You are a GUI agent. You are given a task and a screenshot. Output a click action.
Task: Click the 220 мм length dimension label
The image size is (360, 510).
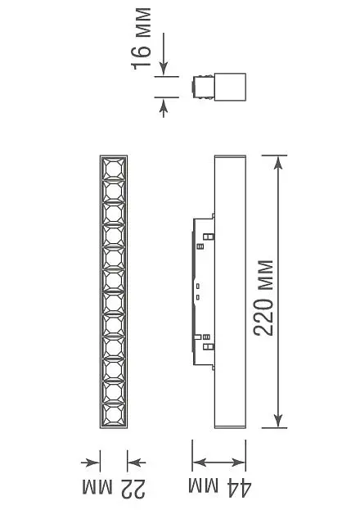263,298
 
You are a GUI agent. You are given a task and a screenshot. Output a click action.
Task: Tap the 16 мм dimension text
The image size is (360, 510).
142,39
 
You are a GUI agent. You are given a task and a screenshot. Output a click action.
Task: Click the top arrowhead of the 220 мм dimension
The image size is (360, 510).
277,162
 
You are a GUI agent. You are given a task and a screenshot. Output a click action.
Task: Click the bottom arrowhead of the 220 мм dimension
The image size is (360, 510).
277,422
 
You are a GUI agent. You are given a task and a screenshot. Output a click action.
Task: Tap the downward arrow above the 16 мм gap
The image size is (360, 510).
164,54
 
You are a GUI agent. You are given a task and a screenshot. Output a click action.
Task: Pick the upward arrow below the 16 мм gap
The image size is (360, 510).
164,107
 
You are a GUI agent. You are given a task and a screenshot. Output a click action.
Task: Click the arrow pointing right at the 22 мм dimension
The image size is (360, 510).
90,463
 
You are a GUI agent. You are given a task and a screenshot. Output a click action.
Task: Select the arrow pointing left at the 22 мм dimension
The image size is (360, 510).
137,463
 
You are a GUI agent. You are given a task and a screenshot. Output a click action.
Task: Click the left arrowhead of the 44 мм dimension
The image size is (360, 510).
199,463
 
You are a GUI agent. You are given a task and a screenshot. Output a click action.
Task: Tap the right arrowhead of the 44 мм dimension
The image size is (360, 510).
239,463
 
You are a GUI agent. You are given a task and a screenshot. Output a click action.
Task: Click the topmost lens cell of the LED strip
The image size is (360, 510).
114,169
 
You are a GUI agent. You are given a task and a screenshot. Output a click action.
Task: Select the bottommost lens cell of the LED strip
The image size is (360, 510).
114,414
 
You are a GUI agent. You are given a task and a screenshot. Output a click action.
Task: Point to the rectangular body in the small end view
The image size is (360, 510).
230,87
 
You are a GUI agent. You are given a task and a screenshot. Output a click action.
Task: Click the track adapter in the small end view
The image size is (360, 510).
203,87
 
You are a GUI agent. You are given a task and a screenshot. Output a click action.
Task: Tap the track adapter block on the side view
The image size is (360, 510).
204,291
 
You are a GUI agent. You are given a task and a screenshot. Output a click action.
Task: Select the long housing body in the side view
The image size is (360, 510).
230,291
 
